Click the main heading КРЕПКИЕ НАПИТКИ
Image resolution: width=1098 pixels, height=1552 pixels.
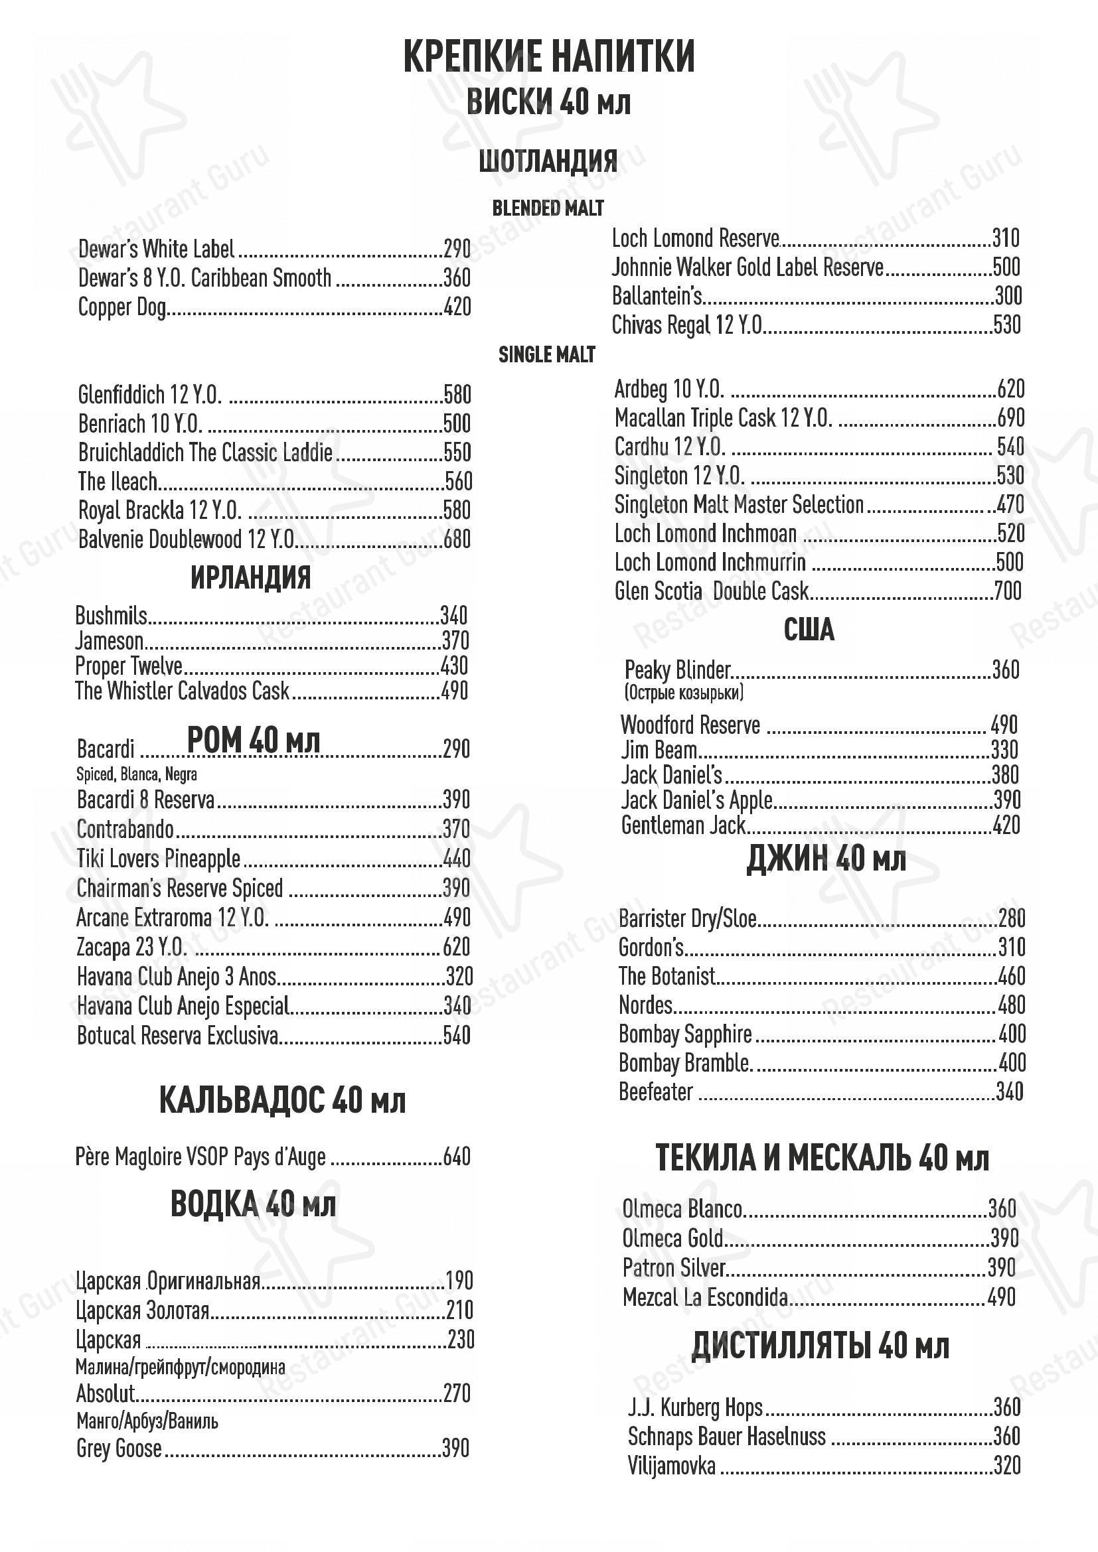(548, 57)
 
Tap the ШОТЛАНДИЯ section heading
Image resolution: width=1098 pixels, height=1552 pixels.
(548, 161)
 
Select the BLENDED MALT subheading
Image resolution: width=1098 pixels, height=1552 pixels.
(548, 208)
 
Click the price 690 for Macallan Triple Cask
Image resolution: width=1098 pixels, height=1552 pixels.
(1011, 419)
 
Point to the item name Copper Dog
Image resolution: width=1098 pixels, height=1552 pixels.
(121, 308)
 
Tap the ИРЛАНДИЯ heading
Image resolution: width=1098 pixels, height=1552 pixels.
(251, 578)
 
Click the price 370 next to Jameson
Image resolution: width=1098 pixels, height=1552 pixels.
(454, 641)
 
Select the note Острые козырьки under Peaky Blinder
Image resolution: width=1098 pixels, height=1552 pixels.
(684, 692)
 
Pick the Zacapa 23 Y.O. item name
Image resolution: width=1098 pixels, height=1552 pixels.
(131, 947)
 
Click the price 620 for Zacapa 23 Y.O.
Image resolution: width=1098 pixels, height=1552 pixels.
(456, 947)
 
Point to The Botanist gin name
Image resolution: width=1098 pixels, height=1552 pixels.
(667, 976)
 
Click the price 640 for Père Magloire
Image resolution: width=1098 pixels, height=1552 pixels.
(456, 1157)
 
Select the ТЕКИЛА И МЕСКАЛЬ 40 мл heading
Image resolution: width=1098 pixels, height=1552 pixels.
(821, 1159)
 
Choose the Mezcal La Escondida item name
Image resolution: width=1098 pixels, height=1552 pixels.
(705, 1297)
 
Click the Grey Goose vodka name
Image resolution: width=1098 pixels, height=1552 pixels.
(119, 1448)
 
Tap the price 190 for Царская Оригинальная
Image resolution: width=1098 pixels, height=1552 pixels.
(460, 1281)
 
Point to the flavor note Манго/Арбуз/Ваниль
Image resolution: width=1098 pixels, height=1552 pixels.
(147, 1421)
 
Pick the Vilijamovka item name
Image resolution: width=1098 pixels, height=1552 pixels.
(671, 1466)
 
